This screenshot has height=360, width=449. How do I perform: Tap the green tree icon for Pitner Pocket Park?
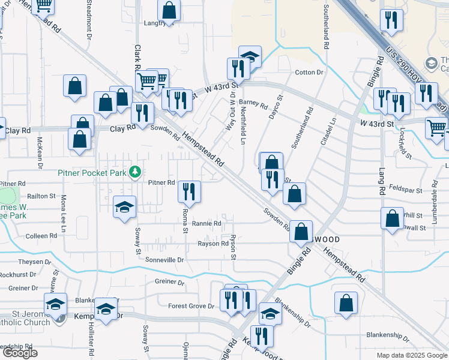tap(135, 172)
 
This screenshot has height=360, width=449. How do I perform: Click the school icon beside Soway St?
tap(125, 208)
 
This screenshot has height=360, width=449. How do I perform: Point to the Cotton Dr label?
tap(309, 73)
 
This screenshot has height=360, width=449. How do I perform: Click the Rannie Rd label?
tap(206, 223)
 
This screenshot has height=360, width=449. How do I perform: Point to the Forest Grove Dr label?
tap(191, 306)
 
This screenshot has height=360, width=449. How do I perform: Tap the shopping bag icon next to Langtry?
tap(169, 10)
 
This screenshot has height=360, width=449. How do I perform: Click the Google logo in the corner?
tap(19, 353)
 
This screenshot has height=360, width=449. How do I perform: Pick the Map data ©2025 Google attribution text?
tap(411, 355)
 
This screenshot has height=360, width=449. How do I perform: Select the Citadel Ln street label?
tap(330, 131)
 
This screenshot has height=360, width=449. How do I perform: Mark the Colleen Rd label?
tap(41, 236)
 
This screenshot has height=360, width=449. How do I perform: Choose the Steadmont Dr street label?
tap(89, 21)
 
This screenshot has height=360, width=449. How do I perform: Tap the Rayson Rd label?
tap(213, 244)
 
